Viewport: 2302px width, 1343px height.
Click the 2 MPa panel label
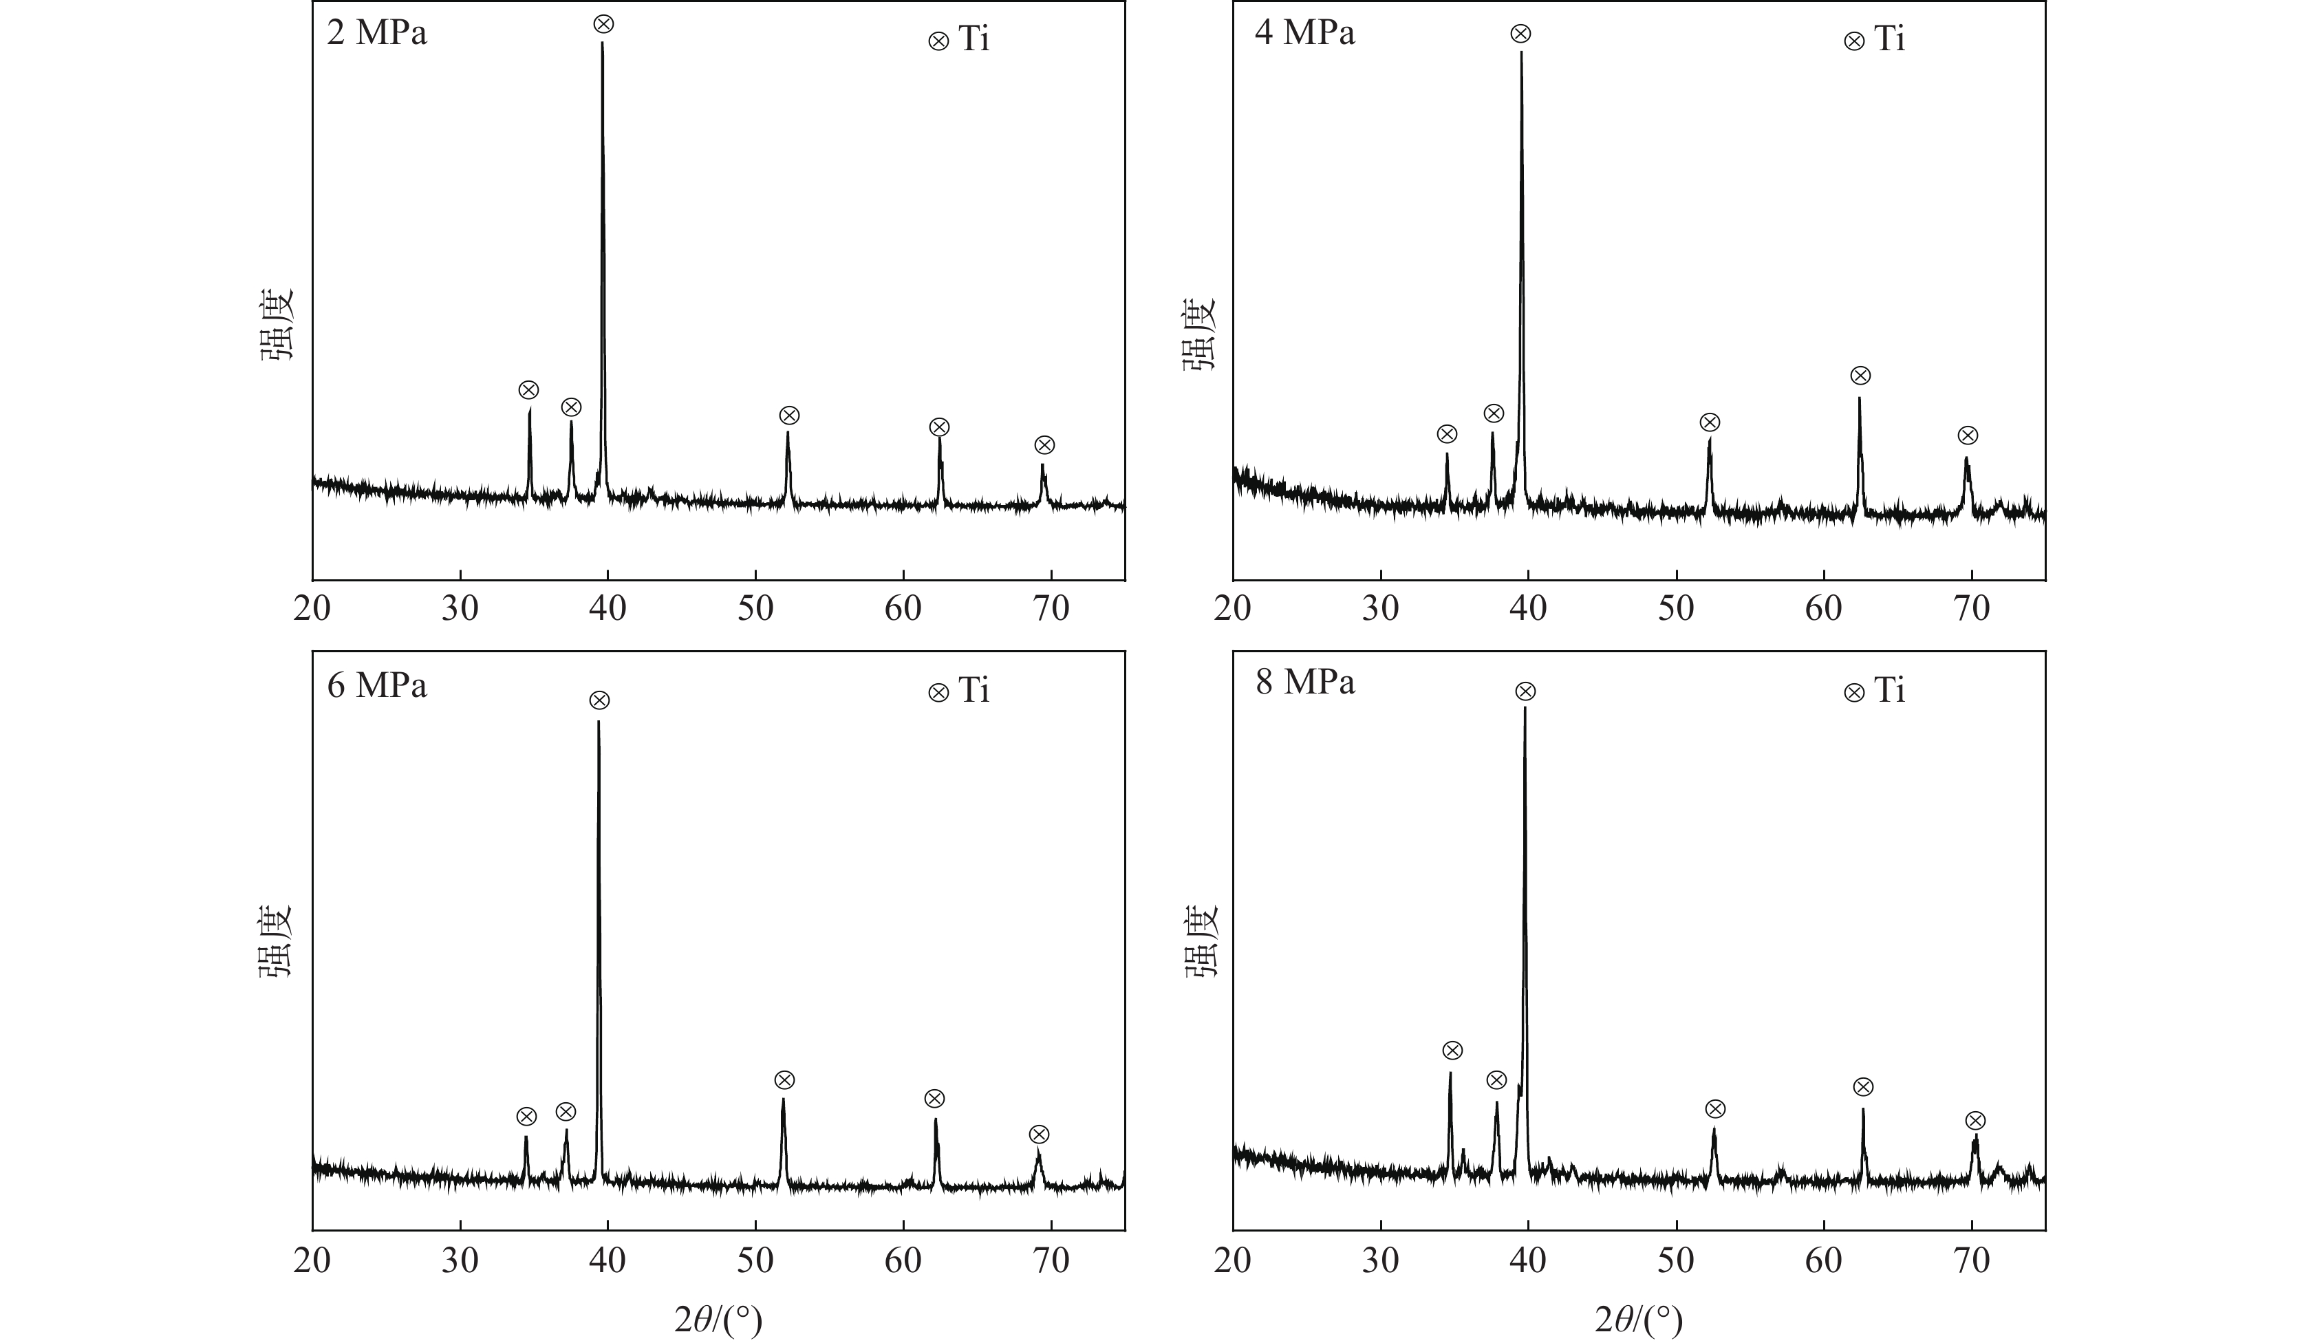(x=376, y=34)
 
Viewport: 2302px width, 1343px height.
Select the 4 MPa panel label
(x=1304, y=33)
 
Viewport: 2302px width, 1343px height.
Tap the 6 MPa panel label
(x=376, y=685)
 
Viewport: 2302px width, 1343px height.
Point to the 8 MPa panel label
(x=1304, y=682)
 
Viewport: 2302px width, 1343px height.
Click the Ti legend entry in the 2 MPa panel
(x=959, y=40)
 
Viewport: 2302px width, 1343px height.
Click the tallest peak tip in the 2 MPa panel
(x=602, y=43)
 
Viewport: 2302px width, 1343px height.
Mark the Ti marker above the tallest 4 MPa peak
(x=1520, y=34)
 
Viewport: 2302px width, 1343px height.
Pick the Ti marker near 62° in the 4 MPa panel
(x=1860, y=376)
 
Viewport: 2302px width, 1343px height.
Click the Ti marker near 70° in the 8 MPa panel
(x=1975, y=1121)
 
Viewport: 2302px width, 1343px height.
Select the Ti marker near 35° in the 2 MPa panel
(x=529, y=390)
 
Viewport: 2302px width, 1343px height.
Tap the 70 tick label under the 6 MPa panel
(x=1051, y=1260)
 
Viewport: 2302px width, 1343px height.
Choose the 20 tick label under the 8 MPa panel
(x=1232, y=1260)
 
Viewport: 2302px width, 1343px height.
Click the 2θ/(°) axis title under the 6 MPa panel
(x=718, y=1319)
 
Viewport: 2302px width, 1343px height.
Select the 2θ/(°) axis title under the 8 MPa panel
(x=1638, y=1319)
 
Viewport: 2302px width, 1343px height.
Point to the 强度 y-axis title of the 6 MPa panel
(x=273, y=941)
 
